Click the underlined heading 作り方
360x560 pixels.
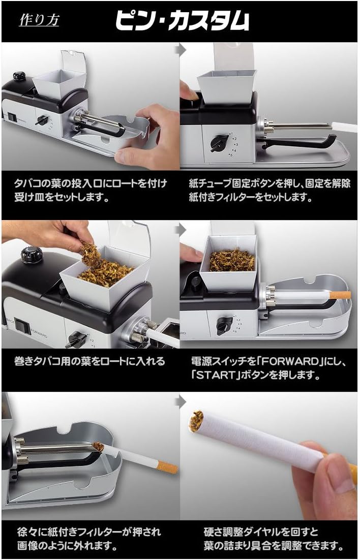39,21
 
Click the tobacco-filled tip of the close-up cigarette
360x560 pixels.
196,419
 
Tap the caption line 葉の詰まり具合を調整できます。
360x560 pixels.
269,547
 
